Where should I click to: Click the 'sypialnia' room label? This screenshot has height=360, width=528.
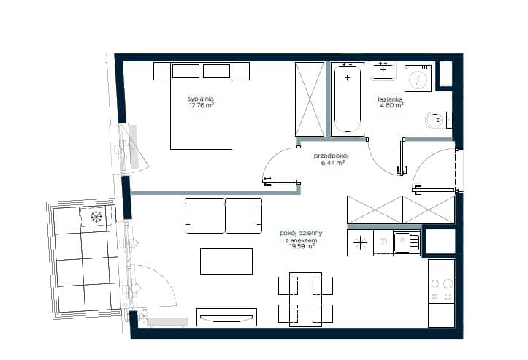point(201,99)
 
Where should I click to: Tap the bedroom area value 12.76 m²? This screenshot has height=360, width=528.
point(202,105)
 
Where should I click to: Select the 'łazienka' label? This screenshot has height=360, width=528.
point(390,99)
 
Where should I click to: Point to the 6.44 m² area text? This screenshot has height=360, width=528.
point(333,163)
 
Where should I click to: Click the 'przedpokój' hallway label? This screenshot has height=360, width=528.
point(332,156)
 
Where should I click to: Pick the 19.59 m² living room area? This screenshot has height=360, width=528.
point(302,246)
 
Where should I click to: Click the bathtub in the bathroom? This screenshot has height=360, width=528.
point(348,99)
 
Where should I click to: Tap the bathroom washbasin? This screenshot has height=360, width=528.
point(383,72)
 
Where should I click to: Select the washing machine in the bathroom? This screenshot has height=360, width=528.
point(418,78)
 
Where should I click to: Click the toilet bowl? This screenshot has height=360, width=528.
point(435,120)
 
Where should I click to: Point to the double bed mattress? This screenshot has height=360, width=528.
point(202,115)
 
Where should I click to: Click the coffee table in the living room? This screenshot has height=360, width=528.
point(226,261)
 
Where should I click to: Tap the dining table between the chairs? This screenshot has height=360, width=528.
point(305,299)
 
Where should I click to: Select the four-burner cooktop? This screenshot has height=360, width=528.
point(441,289)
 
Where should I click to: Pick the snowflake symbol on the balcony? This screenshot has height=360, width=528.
point(96,217)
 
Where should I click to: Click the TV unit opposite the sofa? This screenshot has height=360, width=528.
point(226,317)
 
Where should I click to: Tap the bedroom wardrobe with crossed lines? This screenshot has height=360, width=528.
point(310,99)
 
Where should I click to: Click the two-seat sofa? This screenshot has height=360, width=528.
point(223,215)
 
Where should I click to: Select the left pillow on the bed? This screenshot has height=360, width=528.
point(186,72)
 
